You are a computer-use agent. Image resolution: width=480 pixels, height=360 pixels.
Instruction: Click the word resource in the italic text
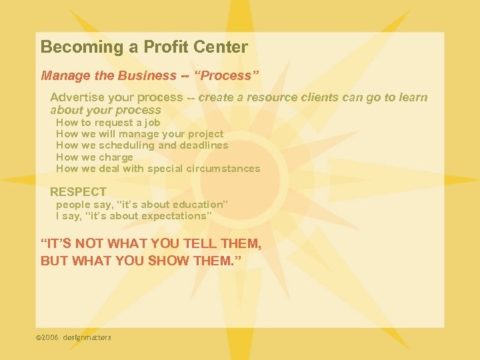(x=271, y=97)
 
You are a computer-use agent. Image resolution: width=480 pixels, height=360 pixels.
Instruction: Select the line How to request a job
(x=108, y=123)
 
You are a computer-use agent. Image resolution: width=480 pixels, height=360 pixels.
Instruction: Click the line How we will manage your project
(x=139, y=134)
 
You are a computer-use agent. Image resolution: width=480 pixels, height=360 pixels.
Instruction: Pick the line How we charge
(x=94, y=157)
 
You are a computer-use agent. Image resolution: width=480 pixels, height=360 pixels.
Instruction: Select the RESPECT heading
(x=78, y=192)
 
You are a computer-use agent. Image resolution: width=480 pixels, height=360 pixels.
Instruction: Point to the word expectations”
(x=177, y=216)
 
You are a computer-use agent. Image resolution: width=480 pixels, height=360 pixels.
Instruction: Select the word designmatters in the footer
(x=87, y=337)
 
